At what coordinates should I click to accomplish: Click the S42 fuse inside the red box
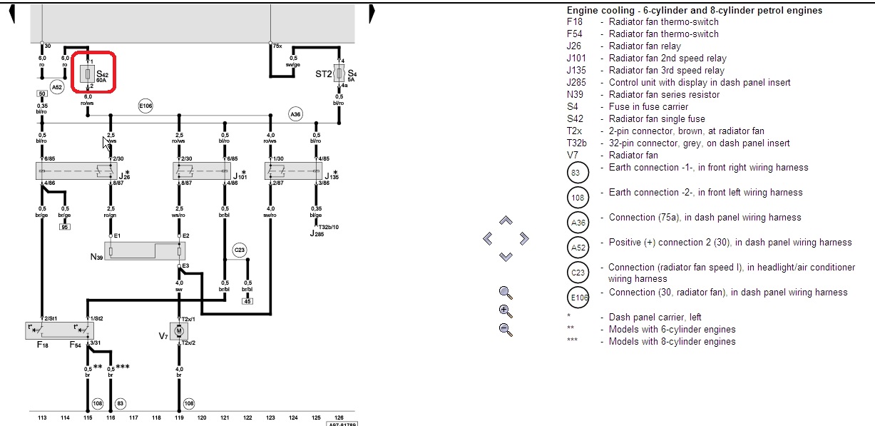tap(87, 73)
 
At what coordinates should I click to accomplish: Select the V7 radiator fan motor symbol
tap(179, 330)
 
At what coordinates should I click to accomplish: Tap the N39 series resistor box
tap(145, 251)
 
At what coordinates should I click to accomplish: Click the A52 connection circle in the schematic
tap(57, 86)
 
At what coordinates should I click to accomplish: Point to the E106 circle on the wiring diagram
tap(145, 106)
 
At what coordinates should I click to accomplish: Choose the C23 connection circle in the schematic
tap(239, 250)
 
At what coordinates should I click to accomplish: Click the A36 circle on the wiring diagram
tap(295, 113)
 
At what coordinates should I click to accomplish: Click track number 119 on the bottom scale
tap(178, 417)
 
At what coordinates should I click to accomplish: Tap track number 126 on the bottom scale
tap(338, 417)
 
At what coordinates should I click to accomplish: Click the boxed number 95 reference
tap(64, 227)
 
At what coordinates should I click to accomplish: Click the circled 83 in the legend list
tap(578, 173)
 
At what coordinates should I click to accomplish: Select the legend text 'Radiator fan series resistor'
tap(664, 94)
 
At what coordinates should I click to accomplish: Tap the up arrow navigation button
tap(506, 221)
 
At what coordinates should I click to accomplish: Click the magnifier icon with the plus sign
tap(506, 310)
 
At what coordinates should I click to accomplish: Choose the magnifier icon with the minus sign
tap(506, 329)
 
